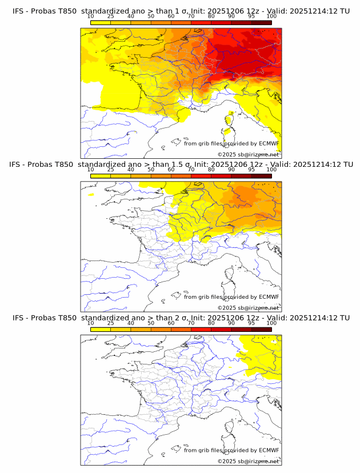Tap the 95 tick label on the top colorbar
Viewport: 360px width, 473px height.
pyautogui.click(x=251, y=16)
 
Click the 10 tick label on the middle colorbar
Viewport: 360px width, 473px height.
pyautogui.click(x=91, y=170)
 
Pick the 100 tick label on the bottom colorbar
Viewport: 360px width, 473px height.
pyautogui.click(x=271, y=323)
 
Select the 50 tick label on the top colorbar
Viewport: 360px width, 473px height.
pyautogui.click(x=151, y=16)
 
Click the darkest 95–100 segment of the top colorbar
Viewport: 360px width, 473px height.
pyautogui.click(x=261, y=22)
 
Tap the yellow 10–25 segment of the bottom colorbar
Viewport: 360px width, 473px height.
pyautogui.click(x=101, y=330)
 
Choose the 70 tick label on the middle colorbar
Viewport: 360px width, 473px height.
pyautogui.click(x=191, y=170)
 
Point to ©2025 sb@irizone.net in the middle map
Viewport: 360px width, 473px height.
pyautogui.click(x=248, y=308)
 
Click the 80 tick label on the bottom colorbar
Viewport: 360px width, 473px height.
pyautogui.click(x=211, y=323)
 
